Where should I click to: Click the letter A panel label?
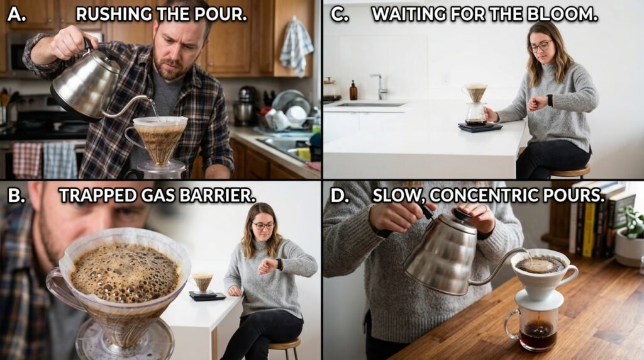16,14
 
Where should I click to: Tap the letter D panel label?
339,195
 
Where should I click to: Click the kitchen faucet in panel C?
379,86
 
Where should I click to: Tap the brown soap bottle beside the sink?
353,91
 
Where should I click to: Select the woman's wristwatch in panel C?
550,100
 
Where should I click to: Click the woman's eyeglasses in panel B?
264,225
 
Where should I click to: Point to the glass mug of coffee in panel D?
533,328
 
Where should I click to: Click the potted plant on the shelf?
629,234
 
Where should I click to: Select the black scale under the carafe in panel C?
480,127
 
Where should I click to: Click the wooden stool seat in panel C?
571,170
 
